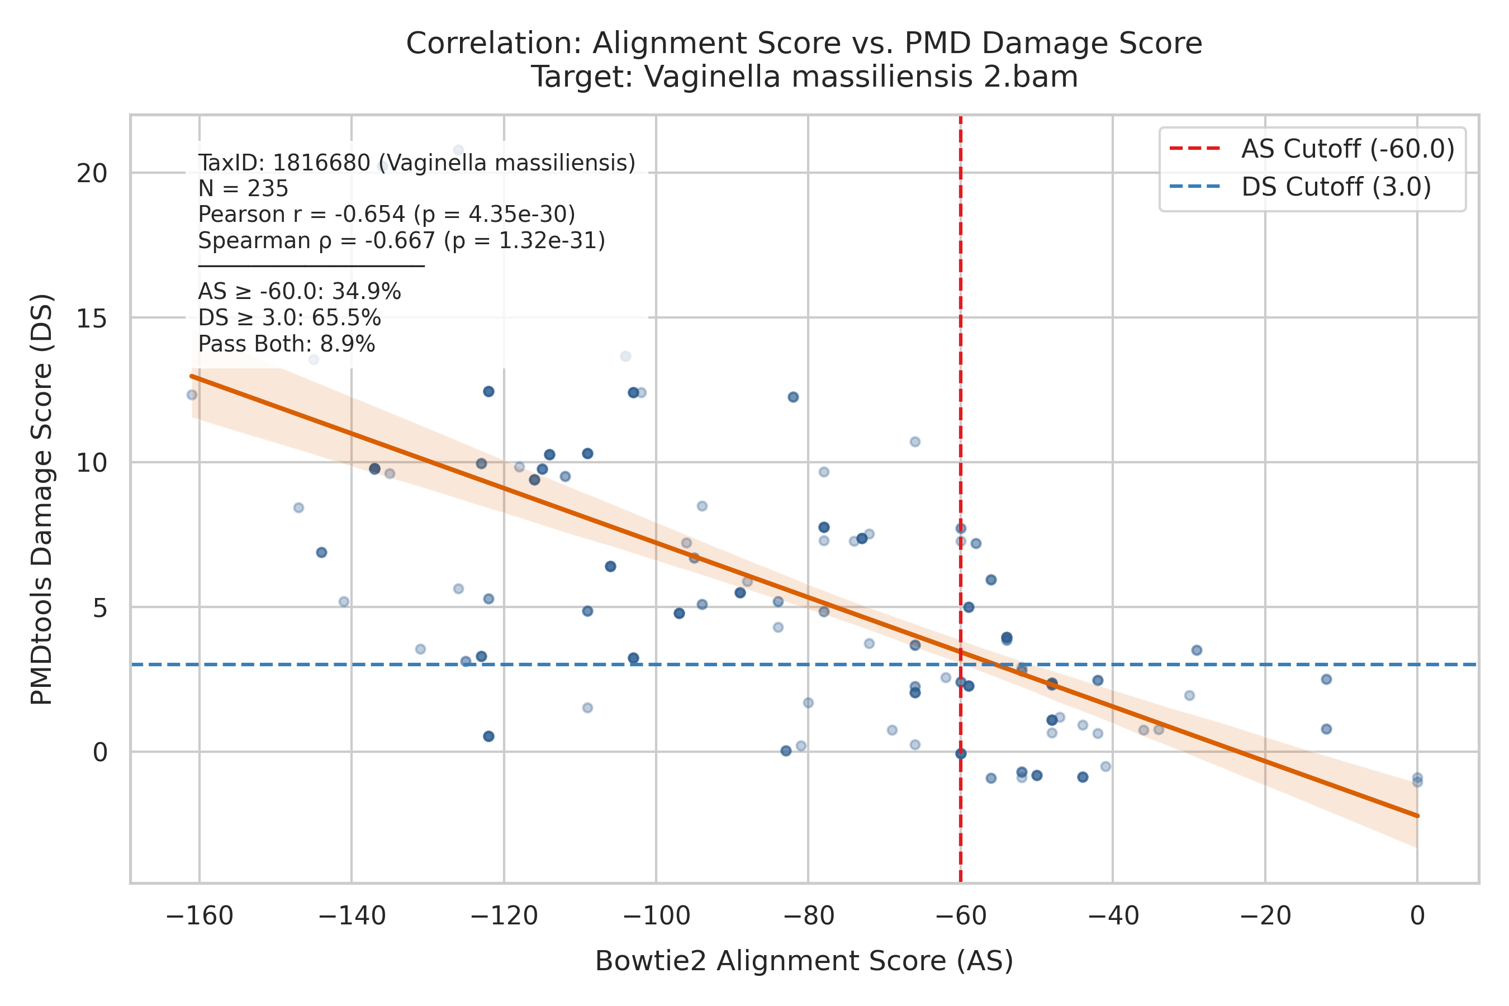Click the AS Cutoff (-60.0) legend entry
1311,148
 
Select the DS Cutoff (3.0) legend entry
1300,187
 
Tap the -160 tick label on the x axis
199,916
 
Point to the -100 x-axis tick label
656,916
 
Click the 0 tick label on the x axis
1417,916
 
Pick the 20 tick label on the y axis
92,173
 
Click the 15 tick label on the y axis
92,317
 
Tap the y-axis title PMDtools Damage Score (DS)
42,499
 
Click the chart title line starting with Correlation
804,43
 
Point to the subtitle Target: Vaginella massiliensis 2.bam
804,77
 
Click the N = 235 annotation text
243,189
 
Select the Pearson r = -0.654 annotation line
386,214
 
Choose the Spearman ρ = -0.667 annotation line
402,240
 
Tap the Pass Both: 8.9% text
286,344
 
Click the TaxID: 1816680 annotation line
416,163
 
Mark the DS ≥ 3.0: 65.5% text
290,318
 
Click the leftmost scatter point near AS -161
192,395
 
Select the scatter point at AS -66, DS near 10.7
915,442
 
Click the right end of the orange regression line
1417,815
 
